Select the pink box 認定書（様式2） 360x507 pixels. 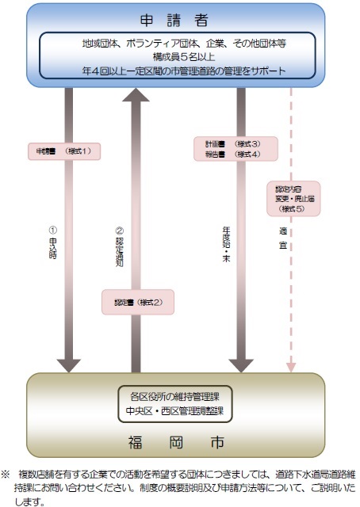137,302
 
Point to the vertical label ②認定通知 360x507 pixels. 121,238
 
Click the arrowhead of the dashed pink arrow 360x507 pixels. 290,367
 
